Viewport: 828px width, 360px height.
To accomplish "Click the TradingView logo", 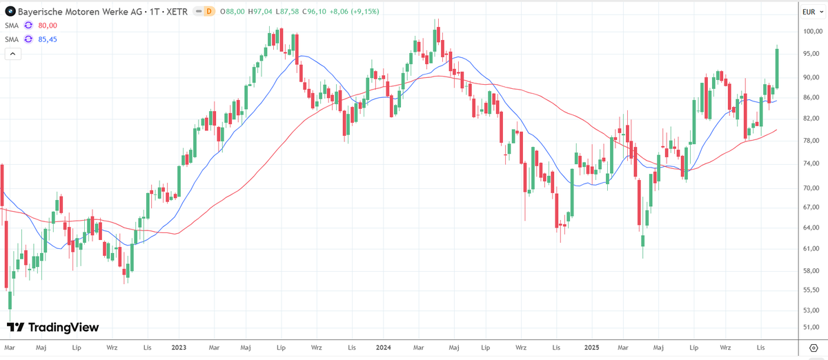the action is click(53, 327).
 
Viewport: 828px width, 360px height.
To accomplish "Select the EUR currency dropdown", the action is click(813, 12).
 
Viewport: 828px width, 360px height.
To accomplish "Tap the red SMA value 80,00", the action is click(48, 26).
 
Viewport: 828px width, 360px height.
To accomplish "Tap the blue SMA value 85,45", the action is click(48, 39).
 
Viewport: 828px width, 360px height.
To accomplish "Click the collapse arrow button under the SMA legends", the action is click(13, 54).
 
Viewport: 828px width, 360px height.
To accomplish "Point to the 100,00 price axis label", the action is click(813, 32).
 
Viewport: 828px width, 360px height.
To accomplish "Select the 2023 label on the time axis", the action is click(179, 348).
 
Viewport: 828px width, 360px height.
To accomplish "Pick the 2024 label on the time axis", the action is click(384, 348).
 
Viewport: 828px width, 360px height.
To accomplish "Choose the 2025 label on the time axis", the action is click(592, 348).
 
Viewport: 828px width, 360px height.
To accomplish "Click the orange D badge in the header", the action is click(209, 12).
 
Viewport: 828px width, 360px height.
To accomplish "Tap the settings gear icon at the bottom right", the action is click(814, 348).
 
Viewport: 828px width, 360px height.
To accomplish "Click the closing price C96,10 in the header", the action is click(314, 12).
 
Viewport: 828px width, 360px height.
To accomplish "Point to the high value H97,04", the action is click(260, 12).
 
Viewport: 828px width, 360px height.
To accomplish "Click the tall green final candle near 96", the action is click(777, 68).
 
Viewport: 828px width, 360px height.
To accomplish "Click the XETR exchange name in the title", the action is click(177, 12).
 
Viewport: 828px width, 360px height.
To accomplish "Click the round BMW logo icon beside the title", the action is click(10, 12).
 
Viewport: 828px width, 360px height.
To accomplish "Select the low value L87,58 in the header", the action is click(287, 12).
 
